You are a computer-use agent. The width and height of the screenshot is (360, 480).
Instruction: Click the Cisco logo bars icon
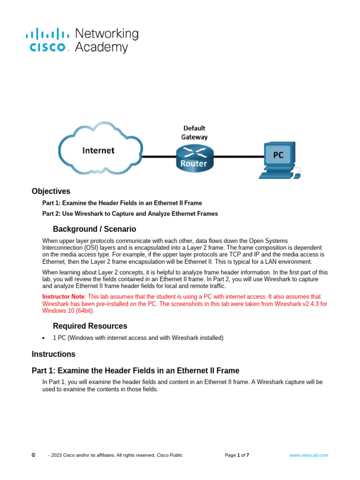point(47,33)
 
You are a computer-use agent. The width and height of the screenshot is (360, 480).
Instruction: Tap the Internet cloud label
point(98,150)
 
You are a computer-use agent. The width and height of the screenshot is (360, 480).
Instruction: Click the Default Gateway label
point(194,132)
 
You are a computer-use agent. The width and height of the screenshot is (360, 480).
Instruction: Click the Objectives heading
point(51,191)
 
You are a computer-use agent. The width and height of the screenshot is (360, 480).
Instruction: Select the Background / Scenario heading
point(94,229)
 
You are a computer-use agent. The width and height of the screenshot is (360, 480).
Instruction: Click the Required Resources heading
point(90,326)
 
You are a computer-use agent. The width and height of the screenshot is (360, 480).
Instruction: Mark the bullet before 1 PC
point(43,338)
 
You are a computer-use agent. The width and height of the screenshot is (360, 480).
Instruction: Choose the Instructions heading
point(53,354)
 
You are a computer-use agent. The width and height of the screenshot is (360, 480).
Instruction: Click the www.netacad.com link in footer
point(308,455)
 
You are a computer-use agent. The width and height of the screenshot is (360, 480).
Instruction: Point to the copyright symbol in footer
point(33,455)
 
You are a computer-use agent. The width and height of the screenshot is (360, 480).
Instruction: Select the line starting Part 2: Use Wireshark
point(130,214)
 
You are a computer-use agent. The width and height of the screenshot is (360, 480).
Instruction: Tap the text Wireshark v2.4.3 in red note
point(286,304)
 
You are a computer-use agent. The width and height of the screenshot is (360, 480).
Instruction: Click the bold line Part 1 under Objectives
point(122,203)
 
